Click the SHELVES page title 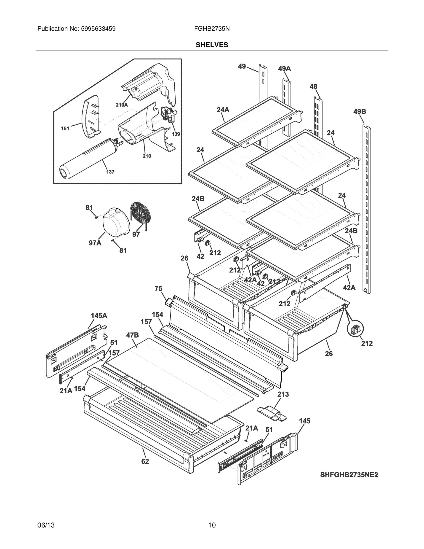click(212, 45)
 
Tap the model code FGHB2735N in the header click(212, 29)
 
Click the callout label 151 click(65, 129)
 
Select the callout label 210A click(122, 105)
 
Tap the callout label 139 click(176, 134)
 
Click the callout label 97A click(95, 243)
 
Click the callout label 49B click(360, 112)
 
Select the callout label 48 click(313, 86)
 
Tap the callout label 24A click(223, 110)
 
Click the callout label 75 click(158, 289)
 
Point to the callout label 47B click(132, 335)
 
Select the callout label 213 click(283, 394)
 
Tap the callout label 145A click(99, 316)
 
